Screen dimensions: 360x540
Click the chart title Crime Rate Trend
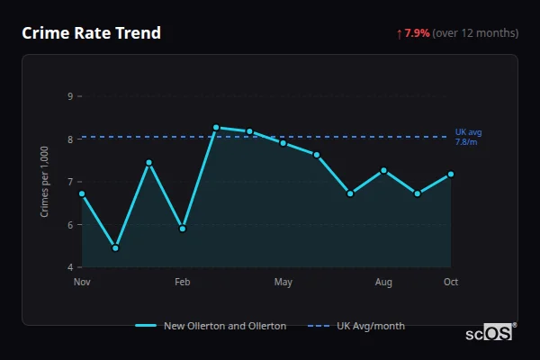[x=91, y=33]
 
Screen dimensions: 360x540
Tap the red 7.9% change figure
[x=418, y=33]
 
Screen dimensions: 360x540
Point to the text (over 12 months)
[x=475, y=33]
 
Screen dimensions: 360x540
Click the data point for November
[x=82, y=193]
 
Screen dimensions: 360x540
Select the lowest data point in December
[x=115, y=247]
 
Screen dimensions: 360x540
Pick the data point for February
[x=183, y=229]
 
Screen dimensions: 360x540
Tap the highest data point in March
[x=216, y=128]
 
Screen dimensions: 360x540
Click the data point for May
[x=283, y=143]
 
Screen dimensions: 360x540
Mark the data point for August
[x=383, y=170]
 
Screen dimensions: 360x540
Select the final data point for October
[x=450, y=174]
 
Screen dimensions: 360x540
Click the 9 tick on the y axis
[x=70, y=96]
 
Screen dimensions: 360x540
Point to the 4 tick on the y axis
[x=70, y=267]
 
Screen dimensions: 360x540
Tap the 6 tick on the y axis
[x=70, y=225]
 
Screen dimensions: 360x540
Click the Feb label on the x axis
[x=183, y=283]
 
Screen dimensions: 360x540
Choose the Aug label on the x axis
[x=383, y=283]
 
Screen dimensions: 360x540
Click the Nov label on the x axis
[x=82, y=283]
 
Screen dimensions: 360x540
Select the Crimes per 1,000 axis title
[x=45, y=182]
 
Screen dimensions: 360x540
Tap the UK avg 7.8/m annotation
[x=468, y=137]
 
